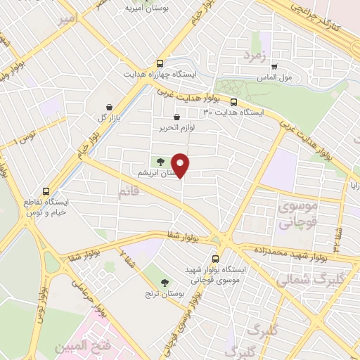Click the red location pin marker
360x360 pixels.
tap(181, 165)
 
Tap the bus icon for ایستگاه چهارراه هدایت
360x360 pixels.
tap(161, 63)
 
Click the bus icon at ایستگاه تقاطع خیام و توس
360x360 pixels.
tap(46, 191)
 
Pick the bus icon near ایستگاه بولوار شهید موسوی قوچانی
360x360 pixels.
tap(215, 258)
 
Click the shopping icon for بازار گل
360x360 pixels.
tap(109, 108)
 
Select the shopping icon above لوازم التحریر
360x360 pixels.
tap(176, 117)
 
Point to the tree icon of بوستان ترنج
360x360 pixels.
tap(165, 282)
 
